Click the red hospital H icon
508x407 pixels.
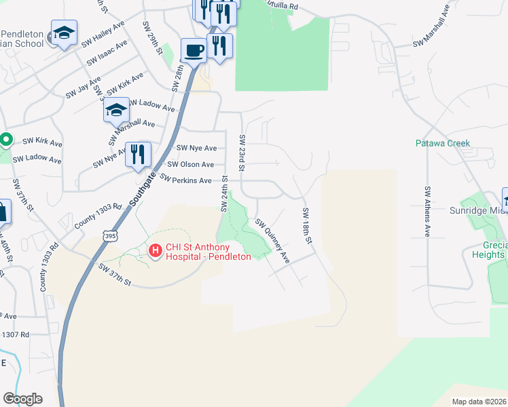pos(155,252)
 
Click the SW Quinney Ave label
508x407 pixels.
pos(273,241)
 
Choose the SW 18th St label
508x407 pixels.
pos(306,227)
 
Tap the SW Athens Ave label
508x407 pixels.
pos(428,211)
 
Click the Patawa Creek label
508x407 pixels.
pos(443,143)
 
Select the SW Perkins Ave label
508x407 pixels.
pos(186,180)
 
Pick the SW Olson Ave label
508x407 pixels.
pos(191,164)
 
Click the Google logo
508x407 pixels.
pos(22,399)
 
